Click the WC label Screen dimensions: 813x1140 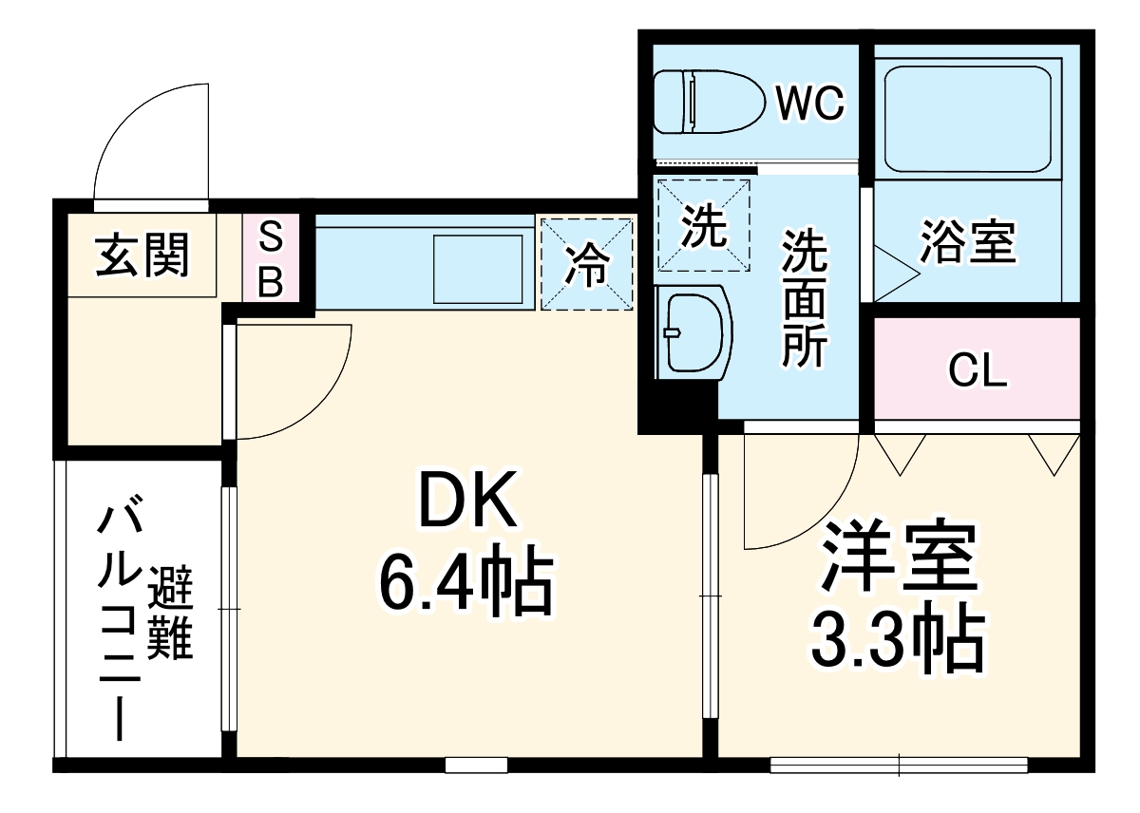(x=809, y=104)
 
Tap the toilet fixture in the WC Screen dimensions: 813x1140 (x=708, y=102)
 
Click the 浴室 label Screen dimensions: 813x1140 (x=967, y=244)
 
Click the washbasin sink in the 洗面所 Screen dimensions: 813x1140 (x=693, y=332)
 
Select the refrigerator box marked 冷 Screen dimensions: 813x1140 (x=586, y=264)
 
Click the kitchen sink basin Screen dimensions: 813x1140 (x=478, y=263)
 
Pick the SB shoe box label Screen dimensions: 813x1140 (x=271, y=258)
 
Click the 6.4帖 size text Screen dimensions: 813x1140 (x=465, y=582)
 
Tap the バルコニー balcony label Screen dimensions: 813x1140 (x=118, y=622)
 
